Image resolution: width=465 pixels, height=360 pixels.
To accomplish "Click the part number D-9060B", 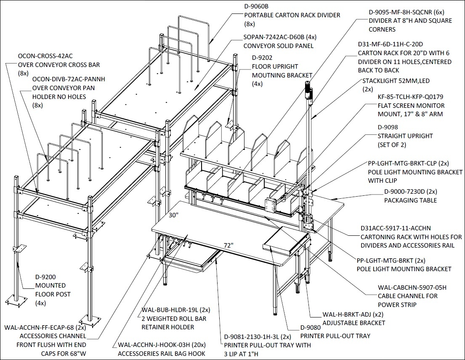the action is pyautogui.click(x=256, y=6).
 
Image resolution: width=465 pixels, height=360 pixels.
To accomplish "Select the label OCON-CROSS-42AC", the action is pyautogui.click(x=45, y=56).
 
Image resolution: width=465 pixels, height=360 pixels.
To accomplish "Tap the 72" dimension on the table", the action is pyautogui.click(x=229, y=245).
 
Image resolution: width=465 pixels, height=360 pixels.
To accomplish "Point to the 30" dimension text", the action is pyautogui.click(x=173, y=215).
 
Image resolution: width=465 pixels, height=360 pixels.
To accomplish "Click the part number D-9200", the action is pyautogui.click(x=45, y=277).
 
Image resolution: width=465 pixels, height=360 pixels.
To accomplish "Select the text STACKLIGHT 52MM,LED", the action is pyautogui.click(x=396, y=81).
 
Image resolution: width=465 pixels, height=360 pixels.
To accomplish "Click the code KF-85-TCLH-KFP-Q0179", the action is pyautogui.click(x=410, y=97).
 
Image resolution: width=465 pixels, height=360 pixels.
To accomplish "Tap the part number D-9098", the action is pyautogui.click(x=388, y=127).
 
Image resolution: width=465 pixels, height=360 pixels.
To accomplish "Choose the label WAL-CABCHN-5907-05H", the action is pyautogui.click(x=412, y=287).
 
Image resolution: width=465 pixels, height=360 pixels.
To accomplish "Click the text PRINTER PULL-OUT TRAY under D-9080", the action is pyautogui.click(x=335, y=336).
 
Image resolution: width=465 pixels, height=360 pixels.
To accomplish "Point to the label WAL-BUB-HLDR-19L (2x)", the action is pyautogui.click(x=176, y=310).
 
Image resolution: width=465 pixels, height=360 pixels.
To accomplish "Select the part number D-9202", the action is pyautogui.click(x=262, y=58).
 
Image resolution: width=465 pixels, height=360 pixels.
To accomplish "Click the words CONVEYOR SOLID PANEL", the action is pyautogui.click(x=279, y=46).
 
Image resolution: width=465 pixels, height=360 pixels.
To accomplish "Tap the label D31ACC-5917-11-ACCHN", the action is pyautogui.click(x=396, y=228).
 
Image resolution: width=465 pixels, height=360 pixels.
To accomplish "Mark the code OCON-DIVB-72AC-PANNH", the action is pyautogui.click(x=69, y=79).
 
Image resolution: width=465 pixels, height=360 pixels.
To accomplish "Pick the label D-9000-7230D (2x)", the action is pyautogui.click(x=410, y=192).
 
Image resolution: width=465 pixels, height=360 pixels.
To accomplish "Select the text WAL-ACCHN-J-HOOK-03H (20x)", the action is pyautogui.click(x=162, y=345).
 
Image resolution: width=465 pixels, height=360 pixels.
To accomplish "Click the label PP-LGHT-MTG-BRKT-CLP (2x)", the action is pyautogui.click(x=408, y=163).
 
